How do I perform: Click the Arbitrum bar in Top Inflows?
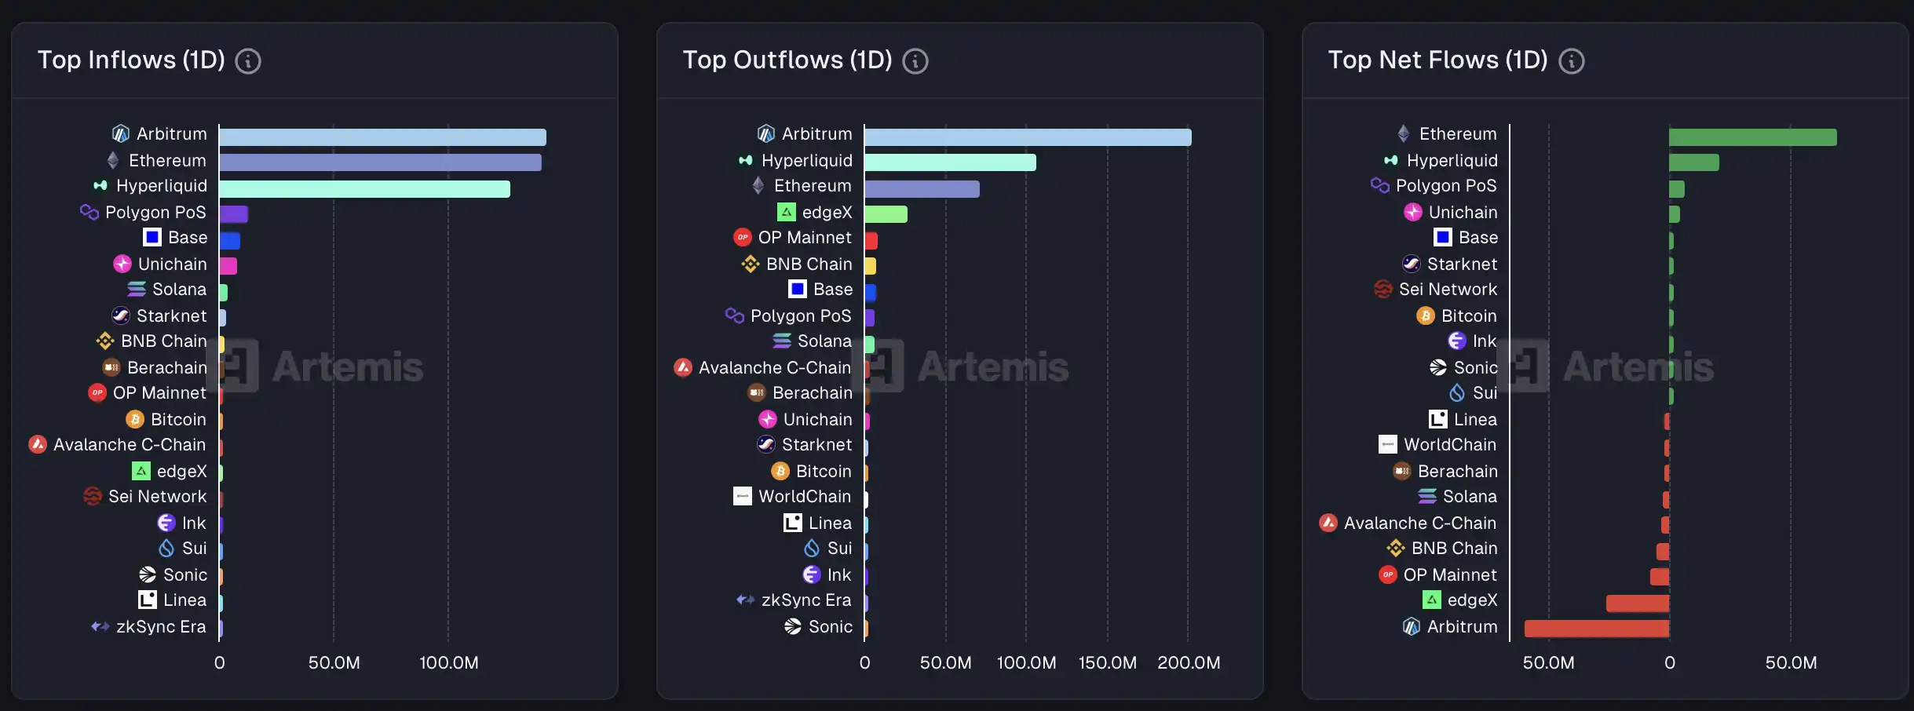click(382, 137)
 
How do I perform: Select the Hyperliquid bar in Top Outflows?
click(950, 162)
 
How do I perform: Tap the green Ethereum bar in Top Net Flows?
click(1752, 137)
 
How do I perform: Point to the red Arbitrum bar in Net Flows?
click(1596, 629)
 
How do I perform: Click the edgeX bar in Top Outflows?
click(886, 214)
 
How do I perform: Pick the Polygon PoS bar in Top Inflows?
click(234, 214)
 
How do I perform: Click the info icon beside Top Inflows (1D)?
click(248, 61)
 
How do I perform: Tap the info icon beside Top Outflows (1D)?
click(915, 61)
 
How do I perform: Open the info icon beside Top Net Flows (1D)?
click(1572, 61)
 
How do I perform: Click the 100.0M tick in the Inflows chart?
click(449, 663)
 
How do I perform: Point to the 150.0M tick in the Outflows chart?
click(1107, 663)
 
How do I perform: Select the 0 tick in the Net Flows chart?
click(1670, 663)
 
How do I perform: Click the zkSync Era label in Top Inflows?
click(161, 627)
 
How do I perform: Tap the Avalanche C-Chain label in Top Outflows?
click(774, 368)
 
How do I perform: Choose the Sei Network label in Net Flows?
click(1448, 290)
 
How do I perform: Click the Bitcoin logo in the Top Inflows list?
click(135, 420)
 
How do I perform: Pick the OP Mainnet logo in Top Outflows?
click(743, 238)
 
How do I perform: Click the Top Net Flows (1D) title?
click(1437, 60)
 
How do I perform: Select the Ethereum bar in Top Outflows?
click(922, 189)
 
